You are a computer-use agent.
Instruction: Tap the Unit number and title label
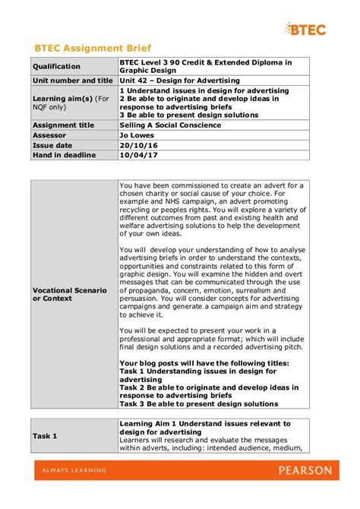coord(73,81)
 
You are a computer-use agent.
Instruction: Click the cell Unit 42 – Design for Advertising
coord(179,81)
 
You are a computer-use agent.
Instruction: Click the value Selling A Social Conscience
coord(170,125)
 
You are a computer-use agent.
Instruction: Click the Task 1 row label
coord(44,436)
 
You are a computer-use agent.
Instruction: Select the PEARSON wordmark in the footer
coord(305,470)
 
